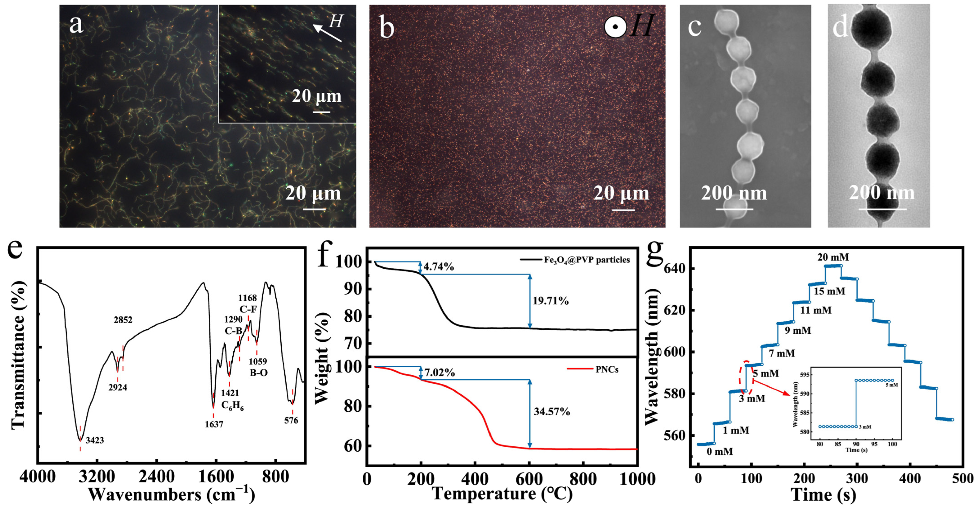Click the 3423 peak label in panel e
(95, 440)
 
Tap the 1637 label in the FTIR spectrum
(214, 424)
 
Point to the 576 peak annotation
(291, 420)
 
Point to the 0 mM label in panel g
(720, 451)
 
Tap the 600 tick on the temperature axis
(529, 479)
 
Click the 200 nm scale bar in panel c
(734, 209)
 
